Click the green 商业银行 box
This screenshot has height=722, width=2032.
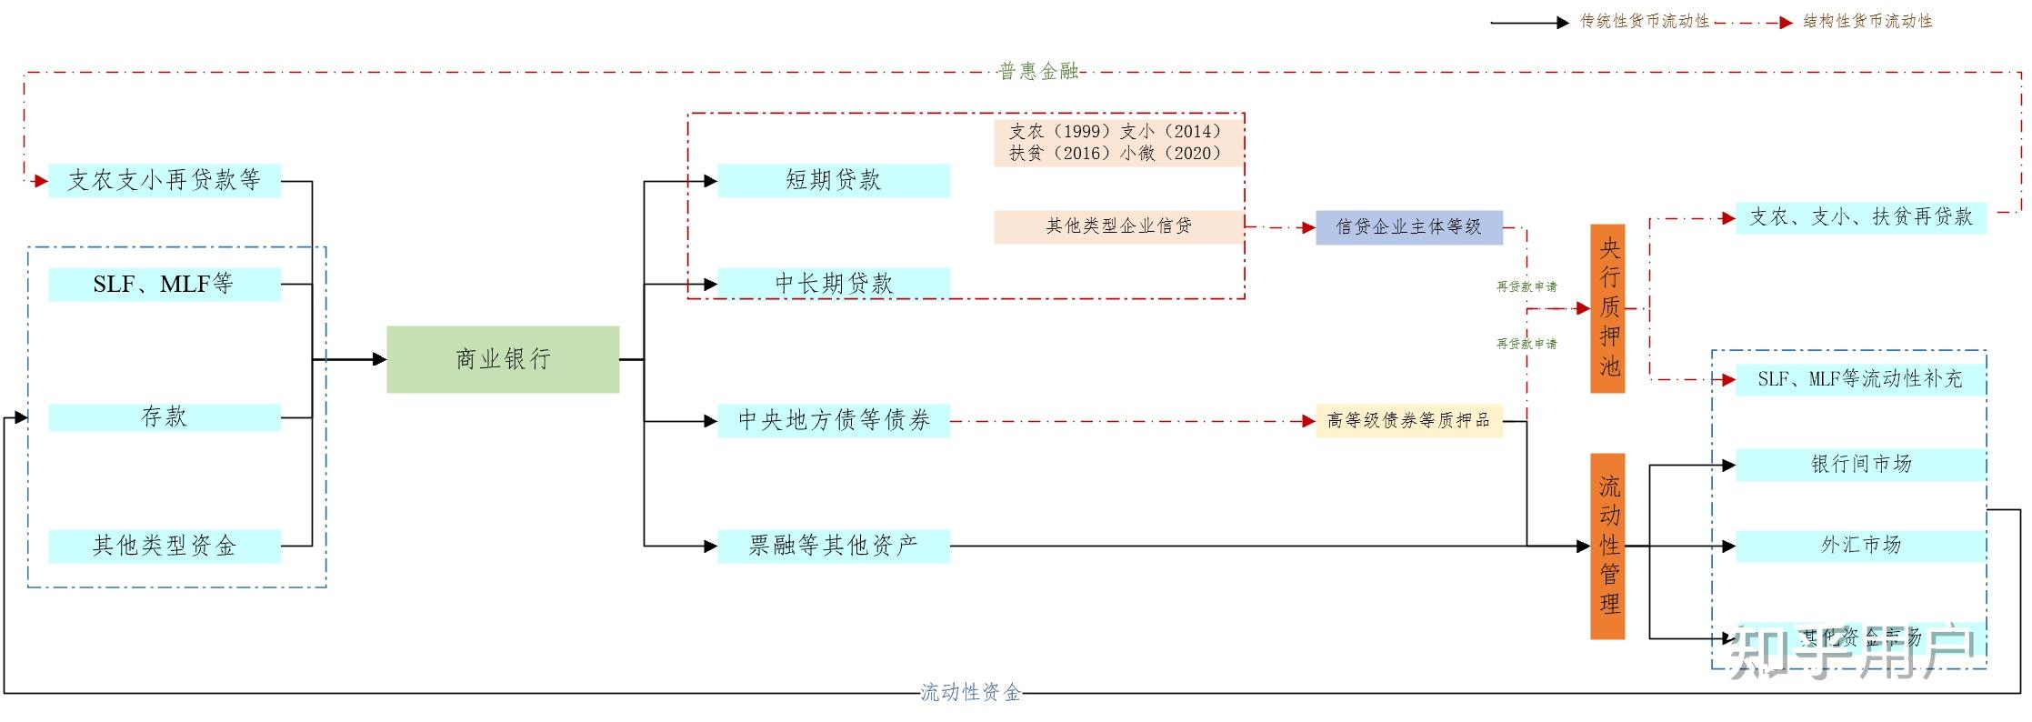[503, 359]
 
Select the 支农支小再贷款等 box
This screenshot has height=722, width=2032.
[165, 180]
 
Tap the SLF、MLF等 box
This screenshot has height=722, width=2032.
[165, 284]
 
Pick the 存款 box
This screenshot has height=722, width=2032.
[165, 416]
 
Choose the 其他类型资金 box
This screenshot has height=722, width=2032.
[165, 546]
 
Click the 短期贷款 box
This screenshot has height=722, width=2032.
[834, 180]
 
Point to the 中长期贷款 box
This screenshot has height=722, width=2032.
[834, 283]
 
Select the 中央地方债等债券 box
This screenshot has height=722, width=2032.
[834, 420]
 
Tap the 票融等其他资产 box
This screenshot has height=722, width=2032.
[834, 546]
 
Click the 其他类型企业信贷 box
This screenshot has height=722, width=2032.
[1118, 226]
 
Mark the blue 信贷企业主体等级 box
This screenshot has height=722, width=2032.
[1408, 227]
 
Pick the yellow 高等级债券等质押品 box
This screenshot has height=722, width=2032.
[1408, 420]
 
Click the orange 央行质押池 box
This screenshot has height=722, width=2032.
[1607, 308]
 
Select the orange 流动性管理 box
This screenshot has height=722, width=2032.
[1607, 546]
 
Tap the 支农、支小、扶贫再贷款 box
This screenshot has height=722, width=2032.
[1860, 217]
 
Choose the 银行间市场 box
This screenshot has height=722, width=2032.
[1860, 464]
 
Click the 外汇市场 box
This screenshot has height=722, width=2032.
[1860, 546]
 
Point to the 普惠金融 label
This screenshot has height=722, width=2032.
[1038, 72]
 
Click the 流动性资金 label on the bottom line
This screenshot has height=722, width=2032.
[970, 693]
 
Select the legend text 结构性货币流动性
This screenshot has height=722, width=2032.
[1867, 22]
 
